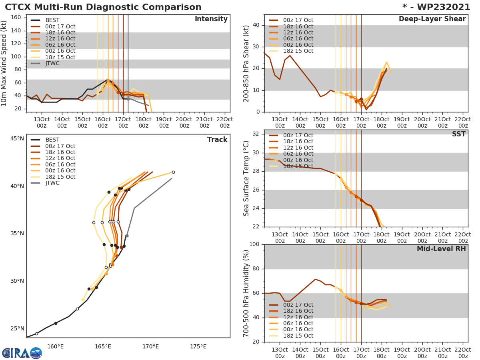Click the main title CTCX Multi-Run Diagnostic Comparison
pos(103,7)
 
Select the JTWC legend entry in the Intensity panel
pos(52,63)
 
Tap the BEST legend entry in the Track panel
pos(52,140)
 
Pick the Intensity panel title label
pos(211,19)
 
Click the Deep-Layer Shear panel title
pos(432,19)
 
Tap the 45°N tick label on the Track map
pos(17,139)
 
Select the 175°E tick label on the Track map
pos(198,346)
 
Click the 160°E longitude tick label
pos(55,346)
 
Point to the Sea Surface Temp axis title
pos(246,178)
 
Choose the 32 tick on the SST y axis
pos(256,134)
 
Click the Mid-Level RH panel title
pos(441,249)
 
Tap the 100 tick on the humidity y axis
pos(254,244)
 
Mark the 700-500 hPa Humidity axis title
pos(246,293)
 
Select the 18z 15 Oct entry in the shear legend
pos(298,51)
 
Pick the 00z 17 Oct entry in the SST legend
pos(298,135)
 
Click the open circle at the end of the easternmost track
pos(173,172)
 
